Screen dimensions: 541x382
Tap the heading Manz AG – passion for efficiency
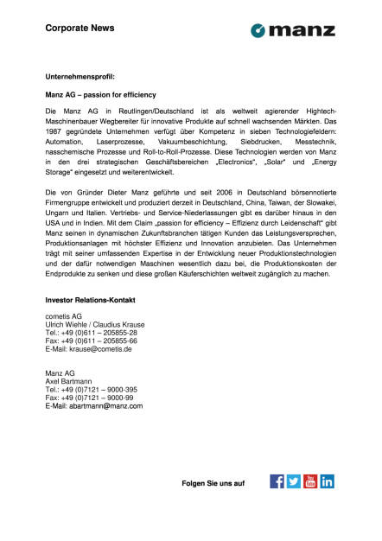coord(100,93)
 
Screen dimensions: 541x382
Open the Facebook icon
coord(277,481)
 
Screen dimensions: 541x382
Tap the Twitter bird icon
coord(294,481)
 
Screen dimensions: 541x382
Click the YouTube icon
coord(310,481)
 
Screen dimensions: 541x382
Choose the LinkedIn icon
coord(328,481)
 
